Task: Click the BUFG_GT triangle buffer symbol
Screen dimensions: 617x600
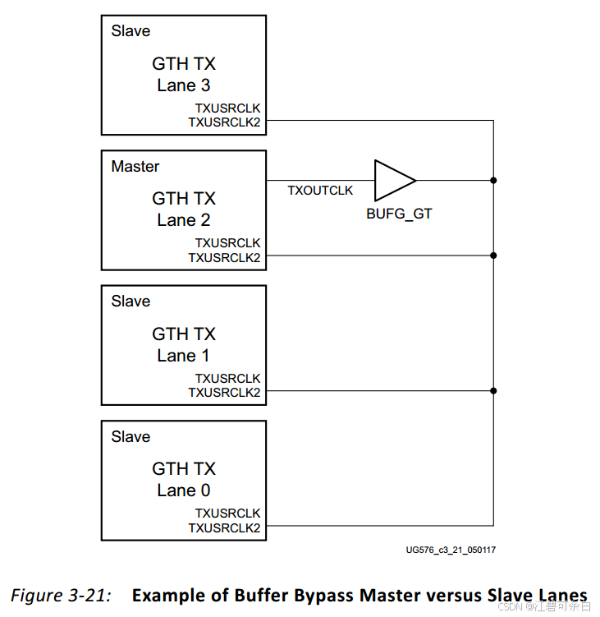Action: click(x=392, y=180)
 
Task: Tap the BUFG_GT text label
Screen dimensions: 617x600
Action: click(x=399, y=214)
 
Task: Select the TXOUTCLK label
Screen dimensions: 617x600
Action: click(x=320, y=191)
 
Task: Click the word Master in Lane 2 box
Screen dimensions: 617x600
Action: click(x=135, y=167)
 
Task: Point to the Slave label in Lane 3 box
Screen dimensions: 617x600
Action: click(x=131, y=31)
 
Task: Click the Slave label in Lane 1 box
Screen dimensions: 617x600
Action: click(x=131, y=302)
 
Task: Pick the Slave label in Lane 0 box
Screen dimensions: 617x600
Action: click(x=131, y=437)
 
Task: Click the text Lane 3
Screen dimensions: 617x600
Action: click(x=184, y=85)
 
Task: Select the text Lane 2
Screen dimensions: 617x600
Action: click(x=184, y=220)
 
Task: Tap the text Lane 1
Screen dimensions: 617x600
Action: click(x=184, y=356)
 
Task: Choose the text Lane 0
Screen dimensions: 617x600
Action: click(x=184, y=490)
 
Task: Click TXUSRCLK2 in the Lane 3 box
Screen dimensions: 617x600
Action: click(x=224, y=122)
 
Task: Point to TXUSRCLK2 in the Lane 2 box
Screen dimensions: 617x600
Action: click(x=224, y=257)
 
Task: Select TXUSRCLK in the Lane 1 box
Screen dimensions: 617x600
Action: click(x=227, y=379)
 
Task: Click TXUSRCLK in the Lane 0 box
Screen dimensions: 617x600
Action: click(x=227, y=513)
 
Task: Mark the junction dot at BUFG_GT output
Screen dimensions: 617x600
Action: click(x=493, y=180)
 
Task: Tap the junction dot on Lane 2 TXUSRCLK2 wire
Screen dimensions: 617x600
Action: click(x=493, y=256)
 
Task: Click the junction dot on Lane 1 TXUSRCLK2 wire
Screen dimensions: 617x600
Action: click(x=493, y=391)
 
